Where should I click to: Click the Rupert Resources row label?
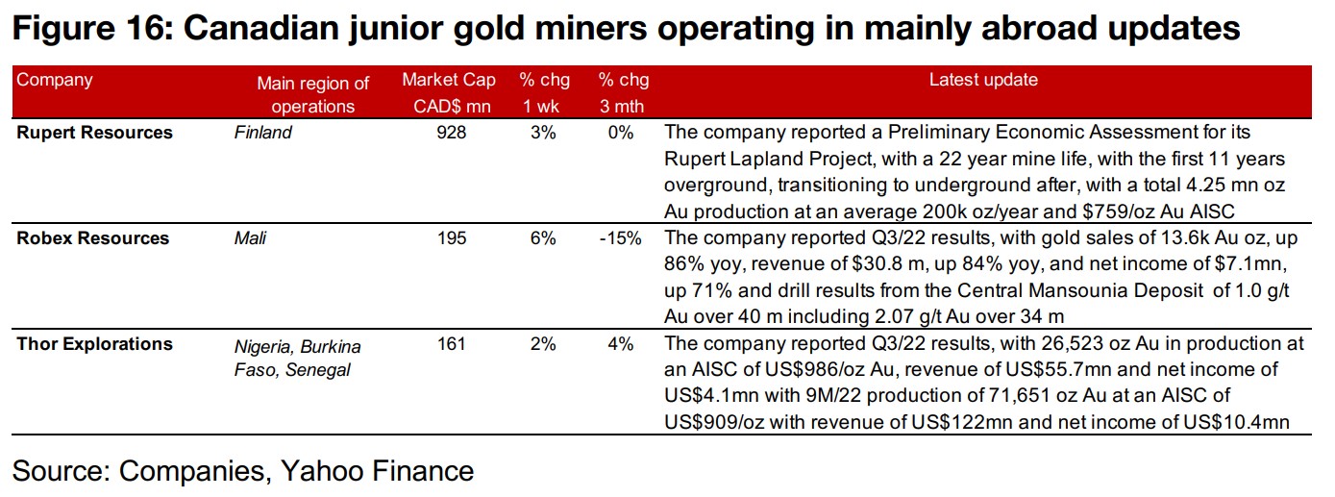pos(94,133)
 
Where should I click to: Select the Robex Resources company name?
pos(92,238)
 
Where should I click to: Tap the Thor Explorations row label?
pos(94,344)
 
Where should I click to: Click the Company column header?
pos(55,80)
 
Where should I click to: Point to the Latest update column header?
pos(983,81)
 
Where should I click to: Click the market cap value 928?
pos(450,133)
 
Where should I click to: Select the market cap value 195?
pos(450,238)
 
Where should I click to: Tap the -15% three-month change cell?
pos(620,238)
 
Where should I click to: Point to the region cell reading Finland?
pos(262,133)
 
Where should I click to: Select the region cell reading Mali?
pos(250,238)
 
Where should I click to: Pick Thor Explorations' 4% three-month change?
pos(623,344)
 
